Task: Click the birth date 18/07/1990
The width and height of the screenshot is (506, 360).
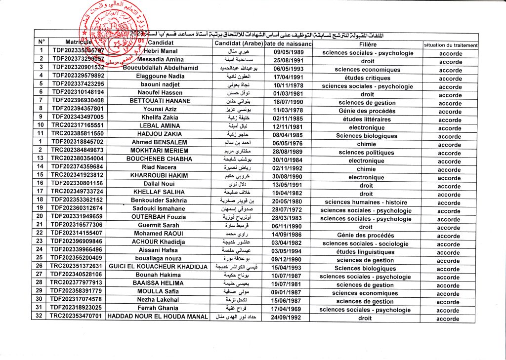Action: [x=288, y=103]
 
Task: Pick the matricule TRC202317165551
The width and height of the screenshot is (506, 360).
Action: [x=77, y=126]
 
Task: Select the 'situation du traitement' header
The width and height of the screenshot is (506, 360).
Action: [x=451, y=45]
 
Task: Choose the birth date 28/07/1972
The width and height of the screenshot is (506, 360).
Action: [x=288, y=210]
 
